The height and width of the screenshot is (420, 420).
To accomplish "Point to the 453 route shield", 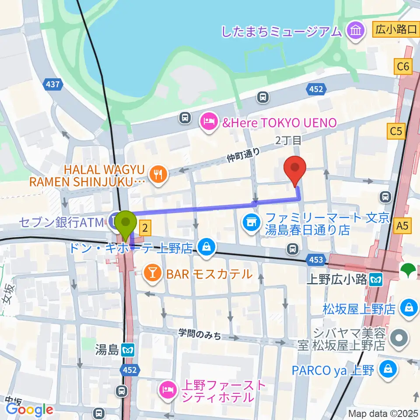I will point(315,260).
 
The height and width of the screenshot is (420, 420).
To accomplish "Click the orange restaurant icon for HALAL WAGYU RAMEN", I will point(156,175).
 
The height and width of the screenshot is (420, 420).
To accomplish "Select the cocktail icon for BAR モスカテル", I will point(152,274).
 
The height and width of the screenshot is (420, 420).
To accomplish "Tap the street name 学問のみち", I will point(199,335).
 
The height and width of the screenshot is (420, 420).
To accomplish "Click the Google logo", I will point(30,409).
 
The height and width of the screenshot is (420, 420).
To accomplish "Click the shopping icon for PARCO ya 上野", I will point(388,370).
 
